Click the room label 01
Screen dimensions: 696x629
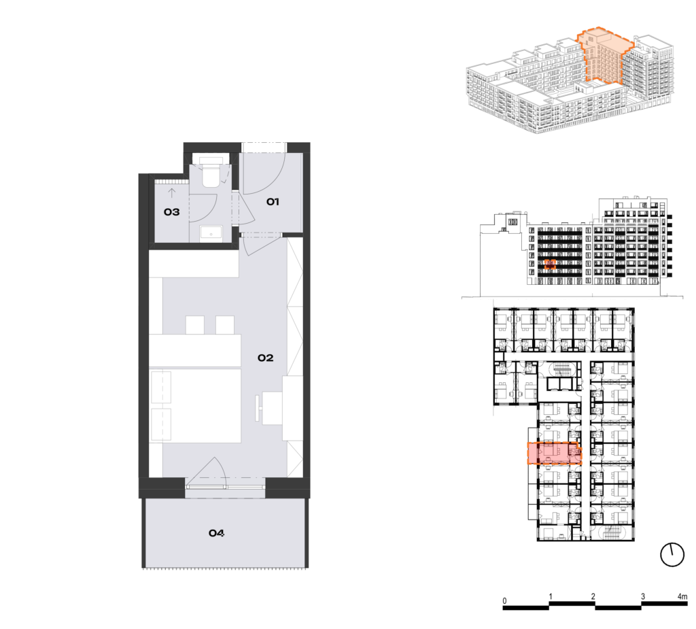273,202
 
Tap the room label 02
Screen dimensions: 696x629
266,358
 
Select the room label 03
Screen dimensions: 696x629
172,212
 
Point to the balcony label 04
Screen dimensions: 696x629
217,532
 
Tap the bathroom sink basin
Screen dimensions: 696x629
211,233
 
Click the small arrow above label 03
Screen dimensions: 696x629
172,193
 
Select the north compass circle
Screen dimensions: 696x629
672,554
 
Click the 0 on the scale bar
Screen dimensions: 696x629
504,600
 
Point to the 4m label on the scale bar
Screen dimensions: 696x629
682,596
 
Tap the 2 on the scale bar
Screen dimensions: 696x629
593,596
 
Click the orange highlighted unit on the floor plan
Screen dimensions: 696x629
554,453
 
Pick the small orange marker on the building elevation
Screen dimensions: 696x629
550,265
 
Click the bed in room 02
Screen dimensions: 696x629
195,405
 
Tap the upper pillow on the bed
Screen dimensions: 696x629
160,388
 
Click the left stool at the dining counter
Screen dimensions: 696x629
195,325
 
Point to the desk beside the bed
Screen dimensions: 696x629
272,408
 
